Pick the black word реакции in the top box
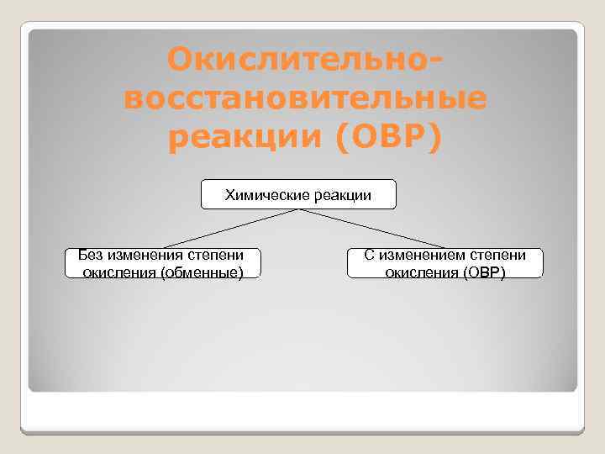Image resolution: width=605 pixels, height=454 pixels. coord(342,196)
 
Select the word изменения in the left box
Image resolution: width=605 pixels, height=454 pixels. coord(144,255)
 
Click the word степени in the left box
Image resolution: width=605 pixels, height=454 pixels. coord(214,255)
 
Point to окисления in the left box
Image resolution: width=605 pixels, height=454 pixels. coord(118,272)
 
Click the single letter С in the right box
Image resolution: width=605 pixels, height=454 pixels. coord(369,255)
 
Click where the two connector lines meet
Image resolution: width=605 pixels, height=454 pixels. coord(298,209)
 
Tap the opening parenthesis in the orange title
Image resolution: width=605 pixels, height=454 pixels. coord(342,138)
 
